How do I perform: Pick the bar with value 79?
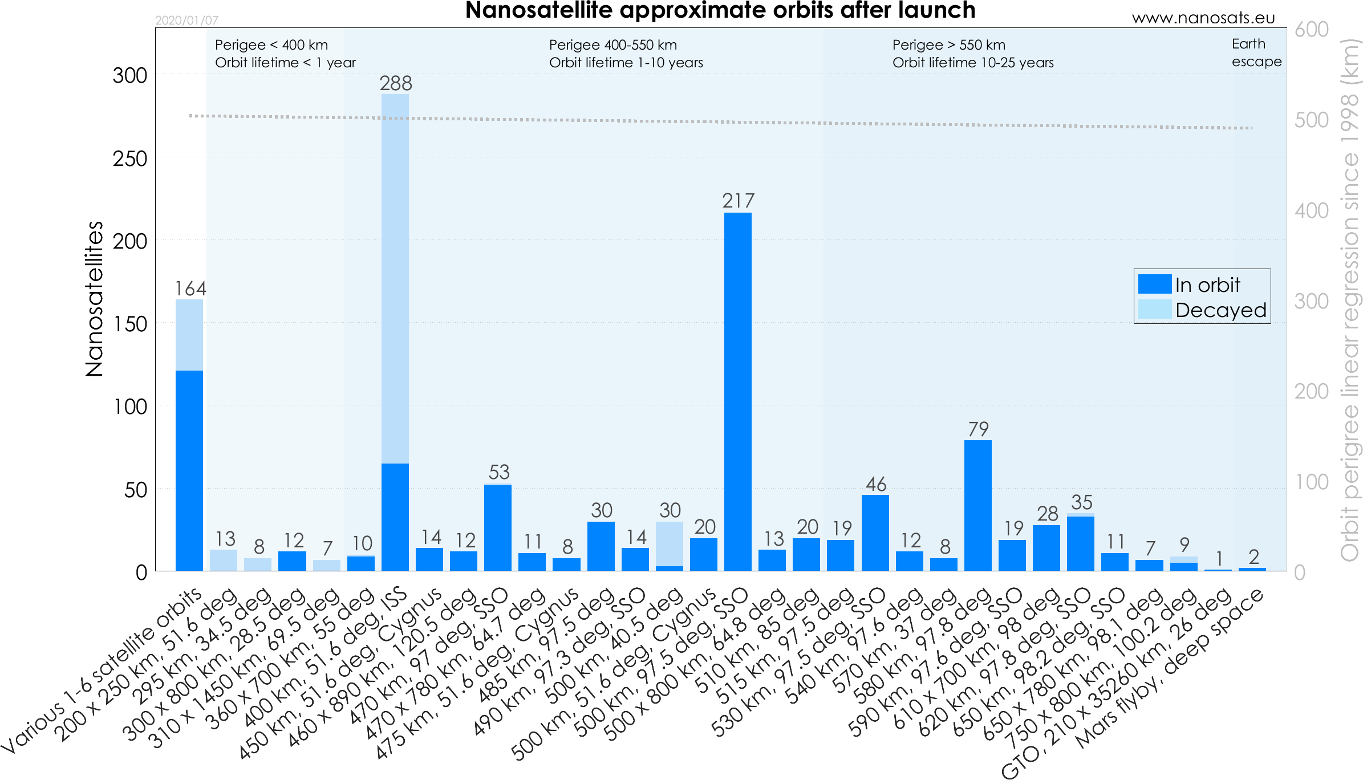[x=978, y=505]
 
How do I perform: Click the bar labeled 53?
[x=498, y=527]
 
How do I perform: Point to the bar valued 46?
[x=875, y=533]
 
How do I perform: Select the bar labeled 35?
[x=1081, y=542]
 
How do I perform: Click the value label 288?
[x=396, y=83]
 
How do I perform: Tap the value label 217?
[x=738, y=201]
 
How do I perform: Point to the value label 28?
[x=1047, y=514]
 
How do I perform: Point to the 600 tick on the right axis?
[x=1312, y=29]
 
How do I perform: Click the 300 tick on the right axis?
[x=1312, y=301]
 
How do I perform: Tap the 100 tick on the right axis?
[x=1312, y=482]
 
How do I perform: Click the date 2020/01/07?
[x=186, y=21]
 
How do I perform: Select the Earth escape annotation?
[x=1256, y=52]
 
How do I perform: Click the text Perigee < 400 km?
[x=271, y=45]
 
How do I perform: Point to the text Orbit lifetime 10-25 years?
[x=973, y=63]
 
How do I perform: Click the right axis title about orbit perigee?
[x=1349, y=299]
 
